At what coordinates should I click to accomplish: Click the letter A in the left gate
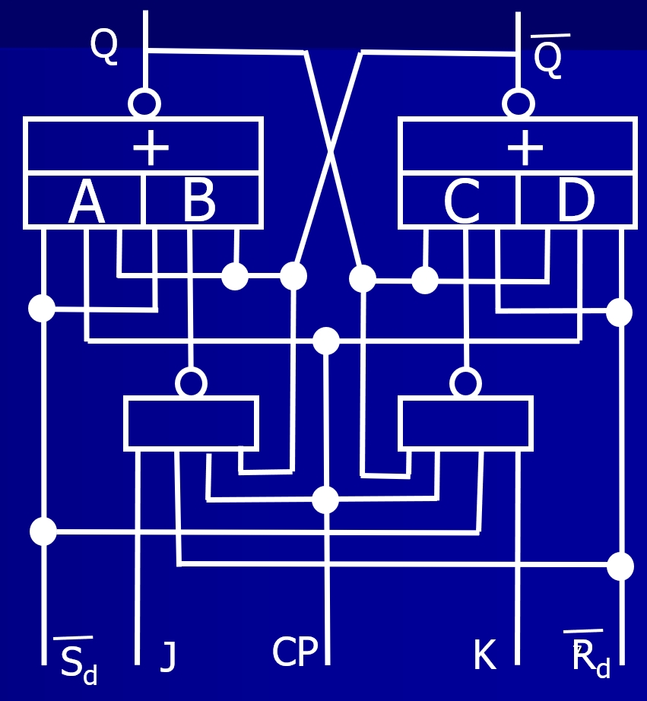pos(87,202)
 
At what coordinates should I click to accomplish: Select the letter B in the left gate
pos(199,201)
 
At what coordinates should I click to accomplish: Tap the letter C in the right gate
pos(462,201)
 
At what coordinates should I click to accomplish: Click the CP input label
pos(295,652)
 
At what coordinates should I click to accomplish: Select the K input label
pos(485,655)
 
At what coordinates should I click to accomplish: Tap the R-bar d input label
pos(588,655)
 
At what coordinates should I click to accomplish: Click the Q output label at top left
pos(104,46)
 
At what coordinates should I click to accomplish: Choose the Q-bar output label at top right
pos(550,56)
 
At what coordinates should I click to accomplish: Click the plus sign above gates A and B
pos(151,147)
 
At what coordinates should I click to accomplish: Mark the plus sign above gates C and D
pos(525,147)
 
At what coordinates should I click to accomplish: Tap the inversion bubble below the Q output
pos(144,103)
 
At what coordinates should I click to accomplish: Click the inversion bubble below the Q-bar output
pos(519,103)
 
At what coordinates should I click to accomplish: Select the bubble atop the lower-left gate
pos(192,382)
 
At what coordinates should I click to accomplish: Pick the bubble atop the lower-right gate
pos(465,382)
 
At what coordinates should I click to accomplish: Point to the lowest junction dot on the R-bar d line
pos(620,566)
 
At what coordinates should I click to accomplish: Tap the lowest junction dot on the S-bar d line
pos(43,531)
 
